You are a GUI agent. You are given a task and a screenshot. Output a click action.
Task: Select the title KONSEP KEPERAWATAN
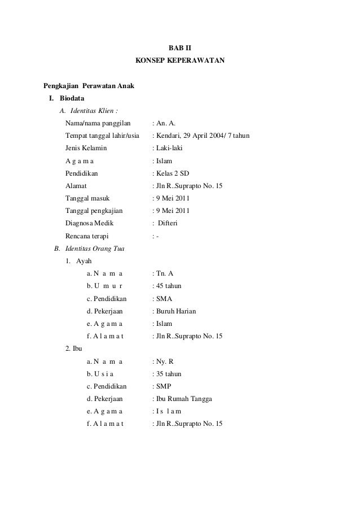pos(180,59)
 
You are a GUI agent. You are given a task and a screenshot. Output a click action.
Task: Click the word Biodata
pos(73,98)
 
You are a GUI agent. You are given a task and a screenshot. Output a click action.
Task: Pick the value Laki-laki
pos(169,149)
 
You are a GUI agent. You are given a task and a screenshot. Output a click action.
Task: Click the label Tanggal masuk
pos(88,199)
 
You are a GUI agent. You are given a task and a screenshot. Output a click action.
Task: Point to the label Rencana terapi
pos(88,236)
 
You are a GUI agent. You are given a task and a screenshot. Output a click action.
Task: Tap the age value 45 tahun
pos(169,286)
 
